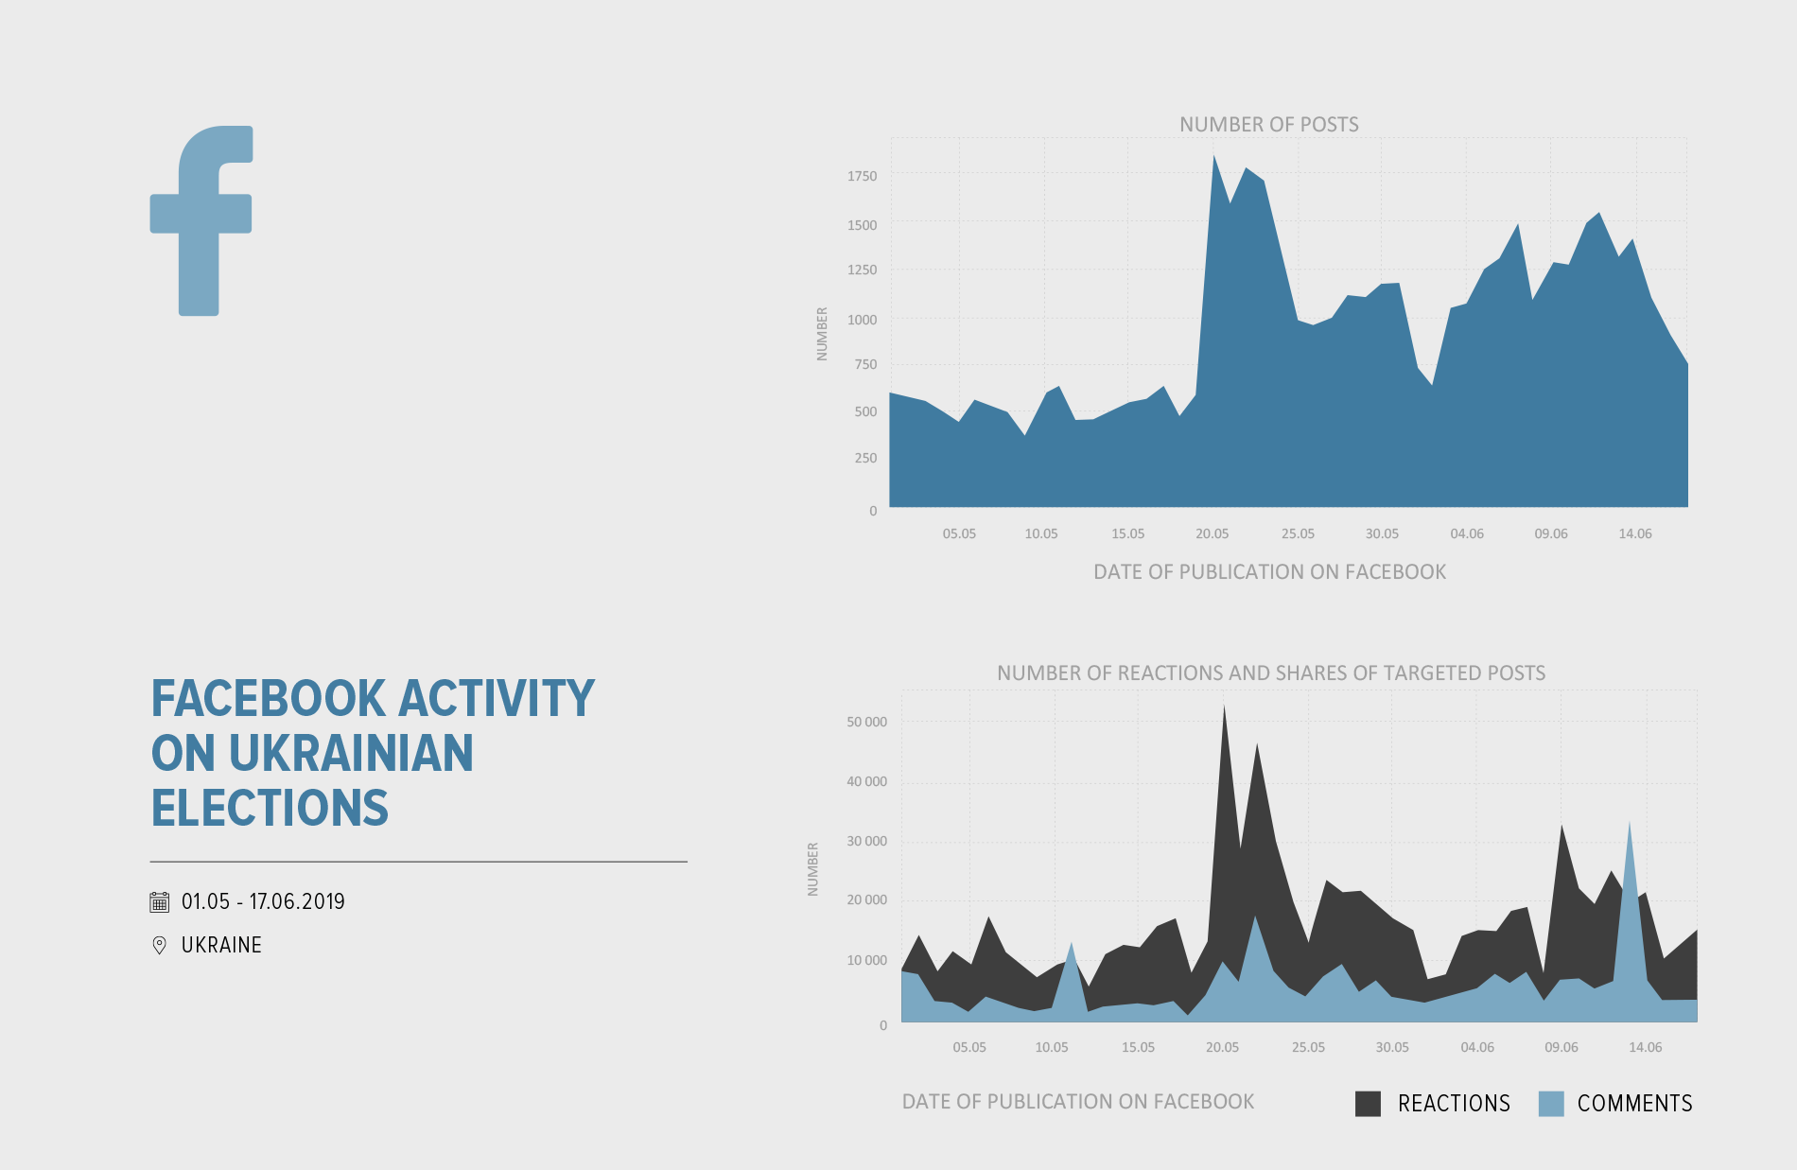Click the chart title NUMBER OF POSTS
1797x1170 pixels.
(x=1268, y=125)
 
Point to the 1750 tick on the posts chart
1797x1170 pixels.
(x=862, y=176)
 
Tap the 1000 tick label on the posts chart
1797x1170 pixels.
(x=862, y=320)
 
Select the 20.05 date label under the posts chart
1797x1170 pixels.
(x=1212, y=533)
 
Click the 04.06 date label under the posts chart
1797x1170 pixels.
(x=1466, y=533)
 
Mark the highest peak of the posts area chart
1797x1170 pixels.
(x=1214, y=158)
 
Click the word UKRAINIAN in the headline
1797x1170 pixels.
(x=351, y=754)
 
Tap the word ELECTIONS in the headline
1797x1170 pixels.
(x=270, y=809)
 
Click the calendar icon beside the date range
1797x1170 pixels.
(x=160, y=901)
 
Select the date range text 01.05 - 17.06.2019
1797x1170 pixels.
(x=263, y=901)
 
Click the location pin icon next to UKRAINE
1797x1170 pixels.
(x=160, y=945)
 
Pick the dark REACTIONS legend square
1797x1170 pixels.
(x=1368, y=1103)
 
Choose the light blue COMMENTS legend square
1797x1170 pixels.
(x=1551, y=1103)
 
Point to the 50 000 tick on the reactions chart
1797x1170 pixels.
(x=866, y=722)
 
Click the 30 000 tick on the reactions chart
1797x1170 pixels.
(x=866, y=841)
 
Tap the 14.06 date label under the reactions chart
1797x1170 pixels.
(x=1645, y=1047)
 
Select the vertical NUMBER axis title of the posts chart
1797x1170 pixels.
(x=822, y=333)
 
